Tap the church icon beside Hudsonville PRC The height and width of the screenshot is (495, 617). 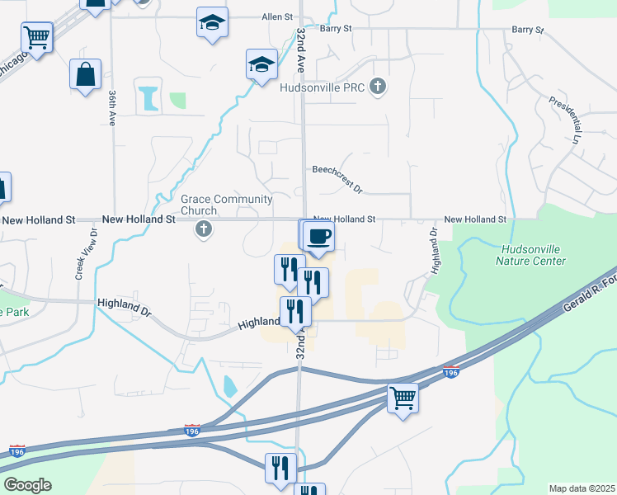tap(378, 87)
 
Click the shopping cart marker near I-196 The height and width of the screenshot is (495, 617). tap(403, 398)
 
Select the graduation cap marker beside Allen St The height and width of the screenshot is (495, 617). tap(212, 23)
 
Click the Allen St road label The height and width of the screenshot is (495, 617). tap(277, 16)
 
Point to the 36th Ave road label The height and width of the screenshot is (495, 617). tap(111, 107)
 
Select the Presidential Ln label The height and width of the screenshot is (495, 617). tap(566, 120)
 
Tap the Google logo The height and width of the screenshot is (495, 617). tap(27, 484)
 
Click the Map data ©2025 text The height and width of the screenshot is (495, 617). tap(582, 488)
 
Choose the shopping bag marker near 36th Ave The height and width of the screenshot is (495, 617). tap(85, 75)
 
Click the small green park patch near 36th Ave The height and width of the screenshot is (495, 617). tap(177, 101)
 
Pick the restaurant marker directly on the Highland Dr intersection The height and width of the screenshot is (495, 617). tap(295, 312)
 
